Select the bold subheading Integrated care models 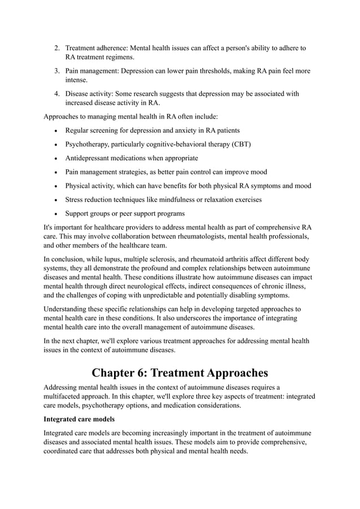tap(79, 420)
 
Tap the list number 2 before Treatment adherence tap(57, 48)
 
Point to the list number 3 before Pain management tap(57, 71)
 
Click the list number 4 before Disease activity tap(57, 94)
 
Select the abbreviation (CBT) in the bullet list tap(241, 144)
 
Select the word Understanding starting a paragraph tap(67, 309)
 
